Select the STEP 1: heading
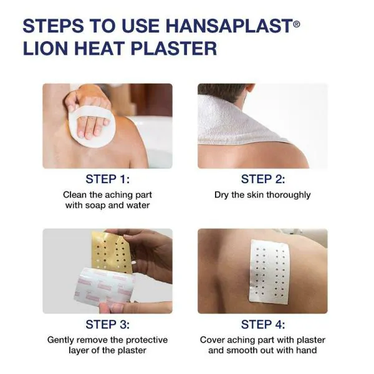tap(107, 180)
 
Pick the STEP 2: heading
tap(262, 180)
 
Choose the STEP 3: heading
tap(107, 325)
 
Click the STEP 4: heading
tap(262, 325)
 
